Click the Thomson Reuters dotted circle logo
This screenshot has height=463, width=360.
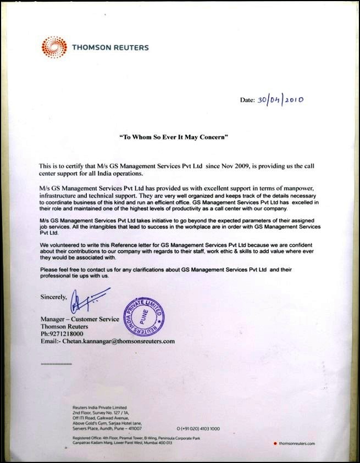click(53, 47)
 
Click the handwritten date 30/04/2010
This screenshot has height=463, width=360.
click(280, 99)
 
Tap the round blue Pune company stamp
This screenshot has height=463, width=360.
click(144, 314)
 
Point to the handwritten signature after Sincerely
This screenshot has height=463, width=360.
click(85, 300)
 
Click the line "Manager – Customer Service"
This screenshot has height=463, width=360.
click(79, 319)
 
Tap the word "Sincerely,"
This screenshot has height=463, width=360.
click(53, 297)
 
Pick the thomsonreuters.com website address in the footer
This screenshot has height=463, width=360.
click(296, 443)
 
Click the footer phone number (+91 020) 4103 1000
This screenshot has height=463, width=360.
click(199, 428)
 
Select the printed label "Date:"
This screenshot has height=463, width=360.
click(247, 101)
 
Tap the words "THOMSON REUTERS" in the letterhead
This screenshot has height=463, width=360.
click(110, 47)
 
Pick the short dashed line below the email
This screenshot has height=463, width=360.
click(56, 364)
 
